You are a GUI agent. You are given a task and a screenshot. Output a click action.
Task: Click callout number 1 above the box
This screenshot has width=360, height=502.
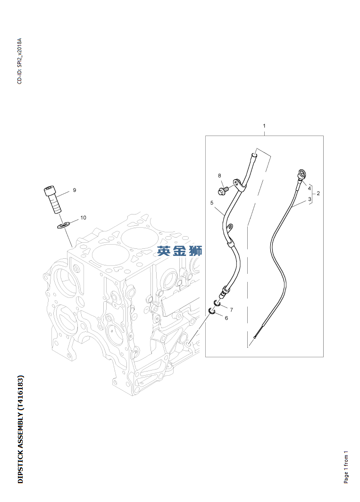tap(264, 126)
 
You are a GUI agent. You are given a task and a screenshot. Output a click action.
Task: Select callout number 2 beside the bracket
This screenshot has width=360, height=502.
tap(318, 193)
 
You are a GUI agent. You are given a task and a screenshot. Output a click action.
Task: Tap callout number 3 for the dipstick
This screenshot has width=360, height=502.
tap(310, 199)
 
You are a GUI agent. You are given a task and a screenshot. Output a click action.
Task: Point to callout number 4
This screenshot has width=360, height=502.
tap(310, 188)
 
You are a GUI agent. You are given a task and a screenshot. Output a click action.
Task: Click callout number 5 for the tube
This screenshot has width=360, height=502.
tap(212, 203)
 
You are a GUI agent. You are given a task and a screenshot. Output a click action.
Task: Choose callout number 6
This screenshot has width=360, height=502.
tap(226, 318)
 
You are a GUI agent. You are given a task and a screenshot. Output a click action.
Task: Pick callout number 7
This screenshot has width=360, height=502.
tap(231, 309)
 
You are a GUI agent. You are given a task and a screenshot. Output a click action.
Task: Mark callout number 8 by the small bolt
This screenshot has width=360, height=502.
tap(219, 176)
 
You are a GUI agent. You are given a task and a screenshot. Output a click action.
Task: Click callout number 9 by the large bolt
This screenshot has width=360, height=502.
tap(74, 190)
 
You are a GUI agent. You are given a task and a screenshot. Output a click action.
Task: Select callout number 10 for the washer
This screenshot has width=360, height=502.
tap(83, 218)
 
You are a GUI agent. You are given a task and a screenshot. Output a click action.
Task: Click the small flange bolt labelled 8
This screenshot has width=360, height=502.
tap(223, 190)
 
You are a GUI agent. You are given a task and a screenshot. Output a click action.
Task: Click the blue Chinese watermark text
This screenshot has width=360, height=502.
tap(180, 251)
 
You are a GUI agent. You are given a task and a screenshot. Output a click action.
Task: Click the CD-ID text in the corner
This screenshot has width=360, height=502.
tap(19, 61)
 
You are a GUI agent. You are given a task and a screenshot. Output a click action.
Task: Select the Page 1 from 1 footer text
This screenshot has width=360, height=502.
tap(346, 466)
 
